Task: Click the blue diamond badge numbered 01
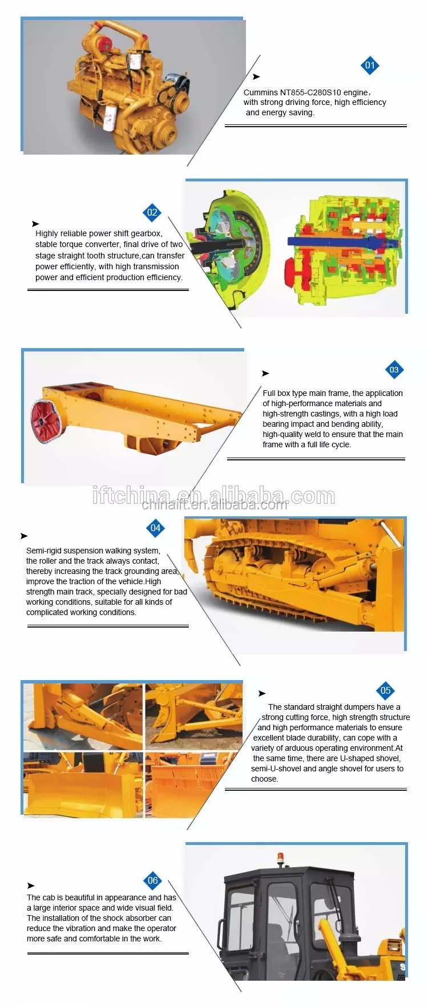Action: (370, 65)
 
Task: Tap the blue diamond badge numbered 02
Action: (152, 213)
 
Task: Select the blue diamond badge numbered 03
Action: (394, 370)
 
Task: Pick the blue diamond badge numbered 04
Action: (155, 528)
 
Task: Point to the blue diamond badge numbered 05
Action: (385, 691)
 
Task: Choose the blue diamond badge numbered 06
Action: (152, 880)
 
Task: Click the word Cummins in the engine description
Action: (260, 92)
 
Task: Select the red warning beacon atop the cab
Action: (280, 859)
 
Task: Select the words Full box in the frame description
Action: (276, 393)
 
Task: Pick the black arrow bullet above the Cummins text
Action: (256, 76)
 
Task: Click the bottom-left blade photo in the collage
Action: (83, 785)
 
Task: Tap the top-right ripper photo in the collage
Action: (194, 717)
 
